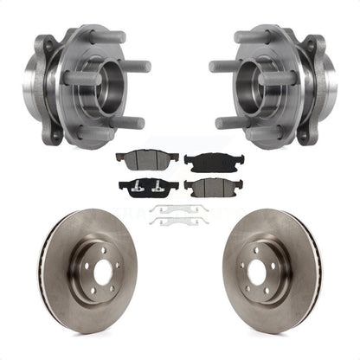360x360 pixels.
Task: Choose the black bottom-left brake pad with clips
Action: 150,188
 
